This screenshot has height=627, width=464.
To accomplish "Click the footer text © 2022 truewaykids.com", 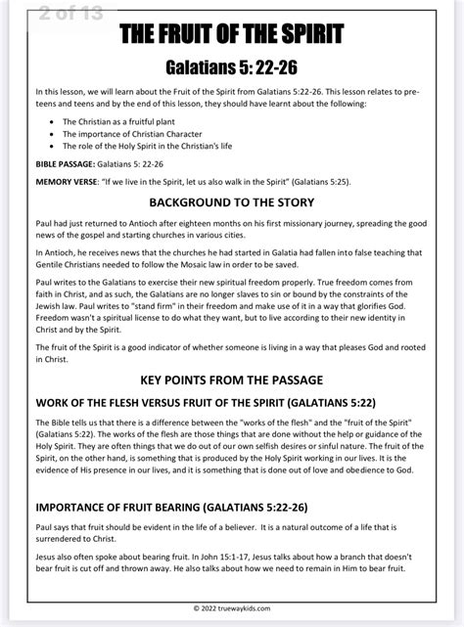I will point(232,607).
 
